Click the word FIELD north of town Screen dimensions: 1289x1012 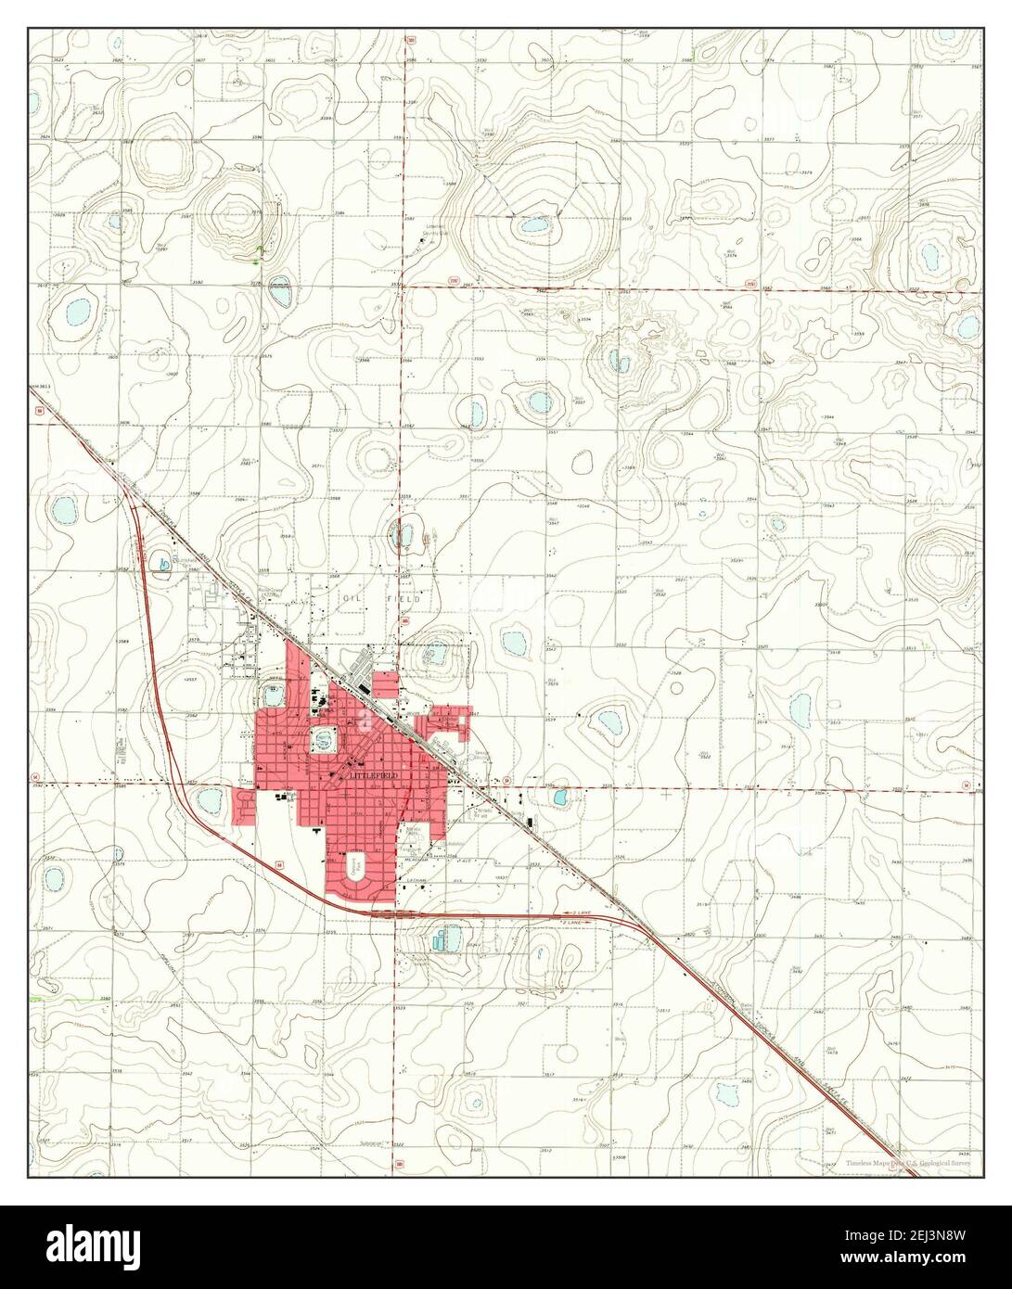click(407, 600)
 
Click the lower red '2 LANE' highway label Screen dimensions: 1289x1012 click(570, 924)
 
